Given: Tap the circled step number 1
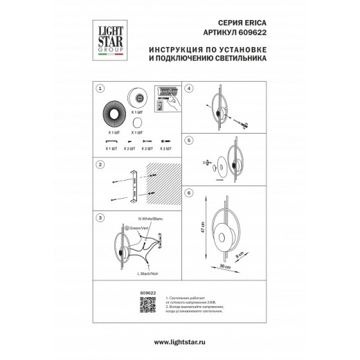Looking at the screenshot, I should pyautogui.click(x=101, y=89).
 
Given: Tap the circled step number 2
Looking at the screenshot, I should pyautogui.click(x=101, y=165).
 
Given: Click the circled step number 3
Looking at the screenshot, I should pyautogui.click(x=101, y=217).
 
